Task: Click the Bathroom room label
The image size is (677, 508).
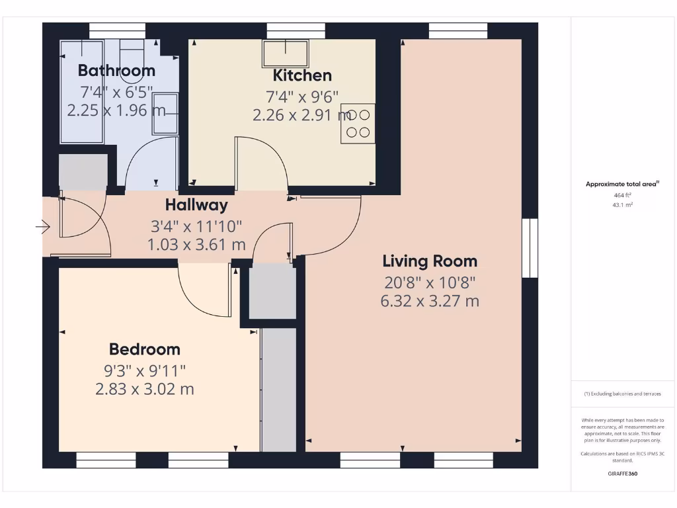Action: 116,71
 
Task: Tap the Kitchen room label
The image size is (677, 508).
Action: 302,75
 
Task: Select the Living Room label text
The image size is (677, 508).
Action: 430,261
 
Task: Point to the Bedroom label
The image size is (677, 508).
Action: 144,349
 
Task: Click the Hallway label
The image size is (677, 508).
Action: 196,205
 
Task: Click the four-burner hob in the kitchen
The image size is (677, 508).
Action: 358,124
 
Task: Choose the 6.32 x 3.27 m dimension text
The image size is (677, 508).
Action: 430,302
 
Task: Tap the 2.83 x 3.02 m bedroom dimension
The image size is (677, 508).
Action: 144,389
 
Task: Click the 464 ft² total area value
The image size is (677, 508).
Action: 623,195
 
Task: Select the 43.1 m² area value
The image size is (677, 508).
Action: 623,205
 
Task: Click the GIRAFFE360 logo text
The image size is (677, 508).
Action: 623,474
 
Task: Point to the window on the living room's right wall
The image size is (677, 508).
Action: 530,248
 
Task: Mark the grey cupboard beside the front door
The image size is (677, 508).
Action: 83,172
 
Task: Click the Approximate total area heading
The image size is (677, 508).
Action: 621,185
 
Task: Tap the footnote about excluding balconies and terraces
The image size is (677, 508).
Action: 622,394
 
